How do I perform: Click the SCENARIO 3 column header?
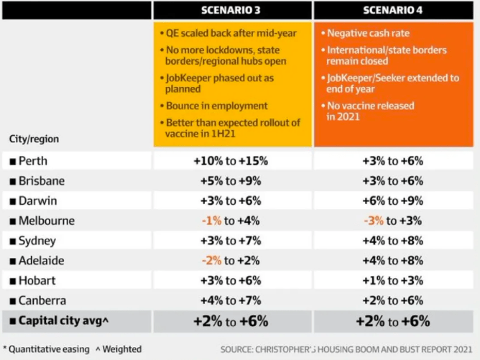(x=232, y=10)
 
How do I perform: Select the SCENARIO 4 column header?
(x=392, y=10)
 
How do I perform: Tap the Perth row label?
(x=32, y=161)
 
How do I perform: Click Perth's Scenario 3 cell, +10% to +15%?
(x=232, y=161)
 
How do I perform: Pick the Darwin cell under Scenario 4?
(x=392, y=200)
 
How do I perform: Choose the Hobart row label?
(x=34, y=280)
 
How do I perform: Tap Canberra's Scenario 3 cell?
(x=232, y=300)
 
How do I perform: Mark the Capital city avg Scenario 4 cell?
(x=392, y=320)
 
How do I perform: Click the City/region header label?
(x=34, y=138)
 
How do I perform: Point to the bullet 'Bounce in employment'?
(x=216, y=106)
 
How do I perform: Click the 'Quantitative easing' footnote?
(x=47, y=349)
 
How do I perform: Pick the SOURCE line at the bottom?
(x=346, y=349)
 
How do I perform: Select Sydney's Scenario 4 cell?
(x=392, y=241)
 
